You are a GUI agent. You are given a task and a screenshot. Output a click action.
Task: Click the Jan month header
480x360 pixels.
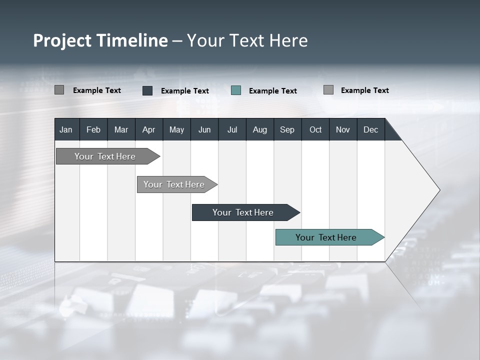[66, 129]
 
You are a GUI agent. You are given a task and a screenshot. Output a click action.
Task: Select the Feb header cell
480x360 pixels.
[93, 129]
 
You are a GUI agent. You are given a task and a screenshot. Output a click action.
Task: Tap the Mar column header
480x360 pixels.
[121, 129]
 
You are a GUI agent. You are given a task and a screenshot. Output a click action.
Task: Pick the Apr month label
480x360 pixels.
[149, 129]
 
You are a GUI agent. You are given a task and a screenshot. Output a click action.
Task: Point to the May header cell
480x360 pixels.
[176, 129]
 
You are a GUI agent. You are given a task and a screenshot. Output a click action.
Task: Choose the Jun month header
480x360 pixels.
[204, 129]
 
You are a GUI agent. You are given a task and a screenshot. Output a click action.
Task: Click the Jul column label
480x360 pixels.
[232, 129]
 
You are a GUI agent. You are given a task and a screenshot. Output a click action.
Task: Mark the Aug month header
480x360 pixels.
[260, 129]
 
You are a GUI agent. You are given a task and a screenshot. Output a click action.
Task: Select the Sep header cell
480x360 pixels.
[287, 129]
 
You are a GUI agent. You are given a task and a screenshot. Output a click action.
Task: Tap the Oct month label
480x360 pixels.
[315, 129]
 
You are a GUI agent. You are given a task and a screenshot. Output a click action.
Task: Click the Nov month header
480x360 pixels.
[343, 129]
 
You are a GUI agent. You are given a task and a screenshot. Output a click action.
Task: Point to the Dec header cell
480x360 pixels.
[371, 129]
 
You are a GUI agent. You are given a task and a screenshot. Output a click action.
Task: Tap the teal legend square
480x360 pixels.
[236, 90]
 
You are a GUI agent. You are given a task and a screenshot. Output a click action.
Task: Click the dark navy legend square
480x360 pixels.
[147, 90]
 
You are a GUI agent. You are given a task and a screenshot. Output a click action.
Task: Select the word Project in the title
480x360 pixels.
[62, 40]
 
